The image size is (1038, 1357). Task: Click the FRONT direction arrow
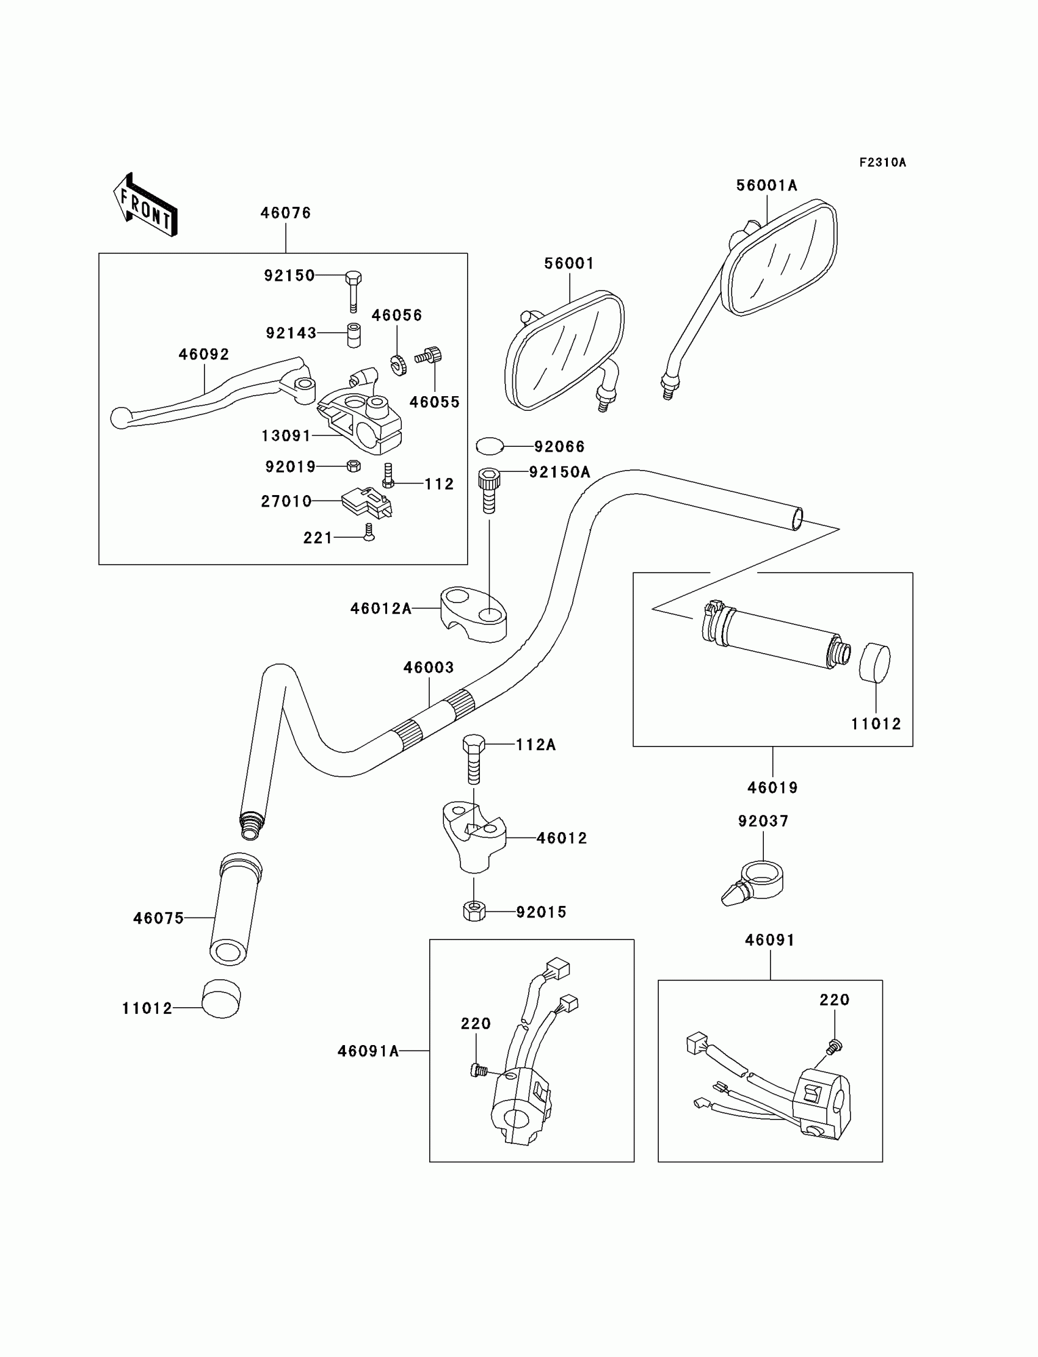tap(145, 205)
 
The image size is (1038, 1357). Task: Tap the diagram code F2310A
tap(882, 162)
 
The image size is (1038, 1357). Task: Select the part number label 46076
tap(286, 213)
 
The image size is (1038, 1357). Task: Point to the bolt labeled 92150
tap(353, 292)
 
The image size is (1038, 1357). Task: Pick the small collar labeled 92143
tap(354, 335)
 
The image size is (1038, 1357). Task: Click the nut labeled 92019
tap(354, 466)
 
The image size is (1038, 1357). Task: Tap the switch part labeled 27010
tap(366, 503)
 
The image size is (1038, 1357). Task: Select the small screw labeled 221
tap(369, 533)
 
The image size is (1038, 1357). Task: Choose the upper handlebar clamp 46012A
tap(473, 614)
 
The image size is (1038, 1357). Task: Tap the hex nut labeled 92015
tap(474, 911)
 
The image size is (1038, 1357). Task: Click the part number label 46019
tap(772, 788)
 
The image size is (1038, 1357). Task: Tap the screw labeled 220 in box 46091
tap(834, 1046)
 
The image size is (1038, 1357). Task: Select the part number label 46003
tap(429, 668)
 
